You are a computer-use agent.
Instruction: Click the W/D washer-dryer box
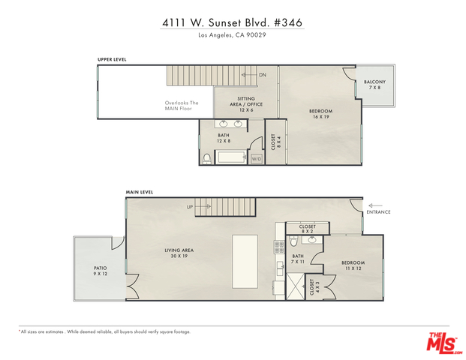click(257, 159)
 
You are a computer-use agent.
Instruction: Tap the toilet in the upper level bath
click(206, 159)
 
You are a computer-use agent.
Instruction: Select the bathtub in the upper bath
click(232, 157)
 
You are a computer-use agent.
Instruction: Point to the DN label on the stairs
click(263, 75)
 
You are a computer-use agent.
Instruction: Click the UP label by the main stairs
click(190, 207)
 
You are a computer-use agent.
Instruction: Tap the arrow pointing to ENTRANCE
click(375, 205)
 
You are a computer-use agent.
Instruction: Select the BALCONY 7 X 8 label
click(374, 85)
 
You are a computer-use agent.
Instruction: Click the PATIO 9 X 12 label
click(101, 271)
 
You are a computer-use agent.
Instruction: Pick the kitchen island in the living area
click(245, 262)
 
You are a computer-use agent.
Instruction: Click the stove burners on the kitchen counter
click(278, 247)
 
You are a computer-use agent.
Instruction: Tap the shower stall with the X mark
click(296, 286)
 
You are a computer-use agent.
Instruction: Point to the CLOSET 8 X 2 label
click(308, 229)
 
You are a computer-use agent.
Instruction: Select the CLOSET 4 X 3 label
click(314, 287)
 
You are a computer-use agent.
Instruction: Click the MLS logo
click(444, 343)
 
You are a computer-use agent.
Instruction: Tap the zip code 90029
click(256, 35)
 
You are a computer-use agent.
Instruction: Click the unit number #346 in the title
click(287, 22)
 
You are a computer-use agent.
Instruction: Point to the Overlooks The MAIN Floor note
click(182, 106)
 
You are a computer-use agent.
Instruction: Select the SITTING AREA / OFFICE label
click(246, 104)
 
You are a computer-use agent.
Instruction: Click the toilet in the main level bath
click(293, 241)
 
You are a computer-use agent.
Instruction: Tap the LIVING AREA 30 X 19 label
click(179, 253)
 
